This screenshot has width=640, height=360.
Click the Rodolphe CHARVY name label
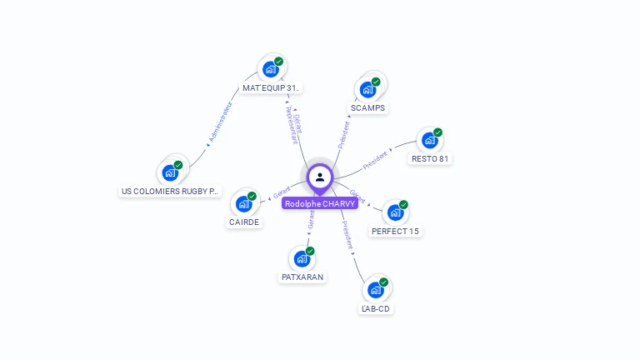click(320, 203)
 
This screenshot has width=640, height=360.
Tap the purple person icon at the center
click(320, 177)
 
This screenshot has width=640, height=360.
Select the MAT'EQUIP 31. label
click(272, 87)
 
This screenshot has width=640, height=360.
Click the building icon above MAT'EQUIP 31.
click(270, 68)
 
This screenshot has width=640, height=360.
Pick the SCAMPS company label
click(368, 108)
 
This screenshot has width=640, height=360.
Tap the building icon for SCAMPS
click(367, 89)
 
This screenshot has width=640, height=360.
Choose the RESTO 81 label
click(431, 158)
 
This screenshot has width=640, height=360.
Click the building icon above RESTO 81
click(430, 140)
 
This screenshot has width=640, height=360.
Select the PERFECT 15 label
click(395, 231)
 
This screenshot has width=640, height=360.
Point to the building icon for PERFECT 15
click(395, 212)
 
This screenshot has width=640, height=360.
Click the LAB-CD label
click(375, 308)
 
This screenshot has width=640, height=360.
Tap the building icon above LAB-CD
click(375, 289)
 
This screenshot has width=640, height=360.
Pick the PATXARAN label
click(302, 277)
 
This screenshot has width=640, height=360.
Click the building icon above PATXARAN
click(302, 258)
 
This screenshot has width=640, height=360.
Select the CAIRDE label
click(244, 222)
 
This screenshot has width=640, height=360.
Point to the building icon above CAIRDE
click(243, 203)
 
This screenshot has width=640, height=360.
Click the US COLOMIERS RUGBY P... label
click(170, 191)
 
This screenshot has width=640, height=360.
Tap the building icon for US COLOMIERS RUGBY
click(170, 172)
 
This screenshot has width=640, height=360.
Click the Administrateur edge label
click(219, 122)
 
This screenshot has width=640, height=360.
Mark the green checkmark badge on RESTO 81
click(438, 132)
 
